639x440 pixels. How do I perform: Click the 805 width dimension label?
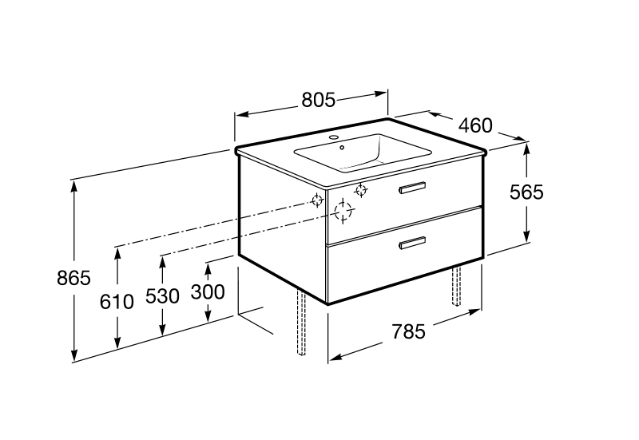click(318, 101)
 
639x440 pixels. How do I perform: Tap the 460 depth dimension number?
click(475, 125)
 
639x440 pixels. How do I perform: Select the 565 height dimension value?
click(526, 192)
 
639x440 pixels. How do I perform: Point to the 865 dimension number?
click(73, 278)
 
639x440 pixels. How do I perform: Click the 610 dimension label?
click(117, 302)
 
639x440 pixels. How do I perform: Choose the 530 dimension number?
click(163, 296)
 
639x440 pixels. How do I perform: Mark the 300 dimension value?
click(208, 292)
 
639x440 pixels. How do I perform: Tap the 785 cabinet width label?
click(408, 331)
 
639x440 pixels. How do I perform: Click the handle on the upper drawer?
click(412, 188)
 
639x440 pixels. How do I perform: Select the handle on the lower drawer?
click(412, 243)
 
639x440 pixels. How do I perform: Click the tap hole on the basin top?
click(335, 137)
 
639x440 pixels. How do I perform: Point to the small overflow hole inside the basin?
click(342, 147)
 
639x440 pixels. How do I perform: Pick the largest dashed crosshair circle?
click(343, 211)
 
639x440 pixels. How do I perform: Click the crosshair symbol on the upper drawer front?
click(361, 190)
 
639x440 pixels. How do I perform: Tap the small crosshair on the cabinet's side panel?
click(317, 200)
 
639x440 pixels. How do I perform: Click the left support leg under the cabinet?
click(301, 323)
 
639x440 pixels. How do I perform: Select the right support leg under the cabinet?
click(456, 286)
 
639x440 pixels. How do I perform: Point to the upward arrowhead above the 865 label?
click(73, 186)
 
